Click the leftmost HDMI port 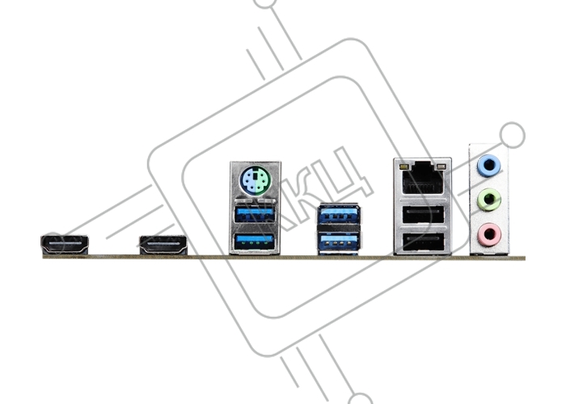[65, 245]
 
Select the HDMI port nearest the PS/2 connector [163, 246]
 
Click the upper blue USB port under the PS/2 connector [254, 214]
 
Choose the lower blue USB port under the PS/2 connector [254, 242]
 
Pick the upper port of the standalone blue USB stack [339, 213]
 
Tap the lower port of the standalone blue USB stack [339, 241]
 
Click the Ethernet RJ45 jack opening [422, 179]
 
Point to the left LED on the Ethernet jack [403, 167]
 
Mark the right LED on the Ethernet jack [440, 167]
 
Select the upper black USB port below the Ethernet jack [423, 214]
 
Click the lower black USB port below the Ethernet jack [423, 242]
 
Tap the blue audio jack [488, 166]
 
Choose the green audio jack [489, 200]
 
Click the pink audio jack [489, 234]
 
